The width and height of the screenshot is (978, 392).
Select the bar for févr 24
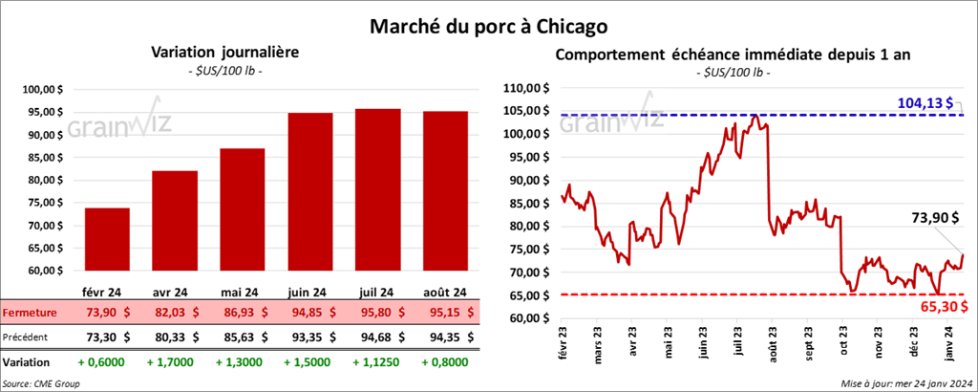(x=107, y=239)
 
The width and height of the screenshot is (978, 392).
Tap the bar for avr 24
(x=175, y=221)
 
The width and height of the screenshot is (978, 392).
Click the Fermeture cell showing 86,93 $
(x=243, y=313)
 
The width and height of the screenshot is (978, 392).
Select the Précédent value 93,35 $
(x=310, y=337)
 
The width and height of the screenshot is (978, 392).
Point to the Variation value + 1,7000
(x=175, y=362)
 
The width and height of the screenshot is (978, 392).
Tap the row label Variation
(x=27, y=362)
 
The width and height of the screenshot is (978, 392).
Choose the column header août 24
(x=446, y=292)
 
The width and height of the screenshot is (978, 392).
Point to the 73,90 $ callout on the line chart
(x=931, y=218)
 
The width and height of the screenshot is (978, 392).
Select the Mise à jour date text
(x=907, y=382)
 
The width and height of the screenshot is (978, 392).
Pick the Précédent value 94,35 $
(x=446, y=337)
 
